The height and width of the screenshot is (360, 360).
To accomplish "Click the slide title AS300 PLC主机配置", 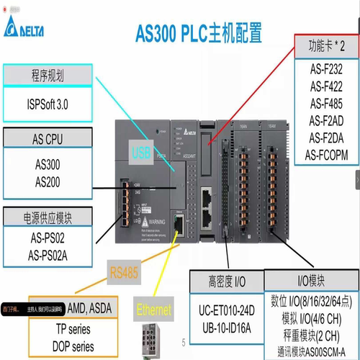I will [x=199, y=33].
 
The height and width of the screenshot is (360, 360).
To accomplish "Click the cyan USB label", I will [x=141, y=152].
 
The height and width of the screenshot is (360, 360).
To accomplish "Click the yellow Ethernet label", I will [x=154, y=310].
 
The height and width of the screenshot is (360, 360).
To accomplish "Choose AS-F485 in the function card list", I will [x=325, y=103].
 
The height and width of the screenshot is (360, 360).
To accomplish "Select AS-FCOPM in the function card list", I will [x=325, y=154].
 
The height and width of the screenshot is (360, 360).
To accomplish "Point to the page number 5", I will [x=184, y=342].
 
